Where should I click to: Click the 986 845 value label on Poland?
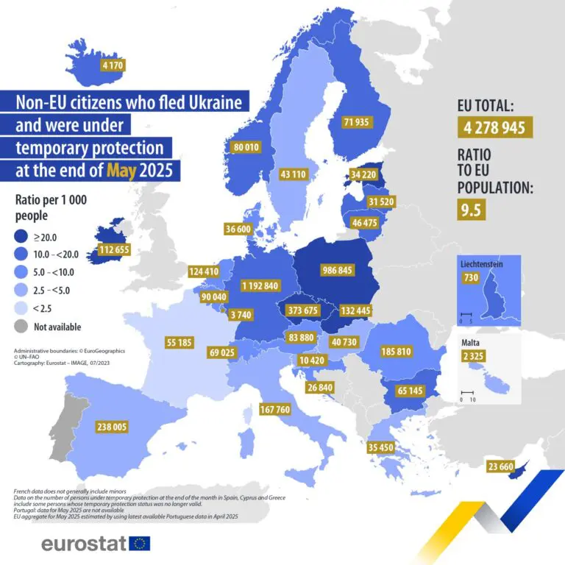[337, 270]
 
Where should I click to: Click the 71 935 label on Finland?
[357, 122]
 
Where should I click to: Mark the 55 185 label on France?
[180, 343]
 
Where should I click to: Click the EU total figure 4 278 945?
[494, 128]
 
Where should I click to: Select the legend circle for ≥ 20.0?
[26, 237]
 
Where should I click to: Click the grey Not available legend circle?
[26, 327]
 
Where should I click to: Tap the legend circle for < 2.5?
[26, 308]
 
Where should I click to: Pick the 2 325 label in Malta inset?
[473, 357]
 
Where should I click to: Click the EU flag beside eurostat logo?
[139, 544]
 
